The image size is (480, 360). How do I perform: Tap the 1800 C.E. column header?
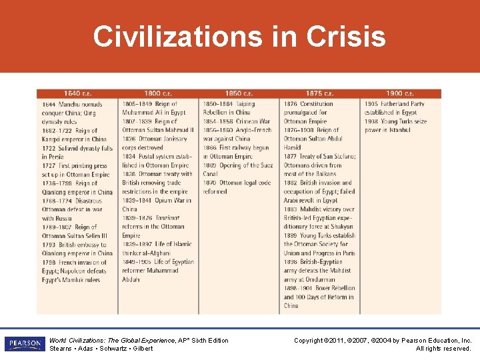158,93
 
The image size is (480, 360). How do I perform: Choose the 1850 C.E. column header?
239,93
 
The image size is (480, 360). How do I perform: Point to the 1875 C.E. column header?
320,93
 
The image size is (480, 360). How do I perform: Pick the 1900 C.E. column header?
400,93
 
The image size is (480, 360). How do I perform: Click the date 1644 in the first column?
49,105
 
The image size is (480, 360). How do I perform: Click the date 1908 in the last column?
371,122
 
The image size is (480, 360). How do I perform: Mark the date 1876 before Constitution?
291,104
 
